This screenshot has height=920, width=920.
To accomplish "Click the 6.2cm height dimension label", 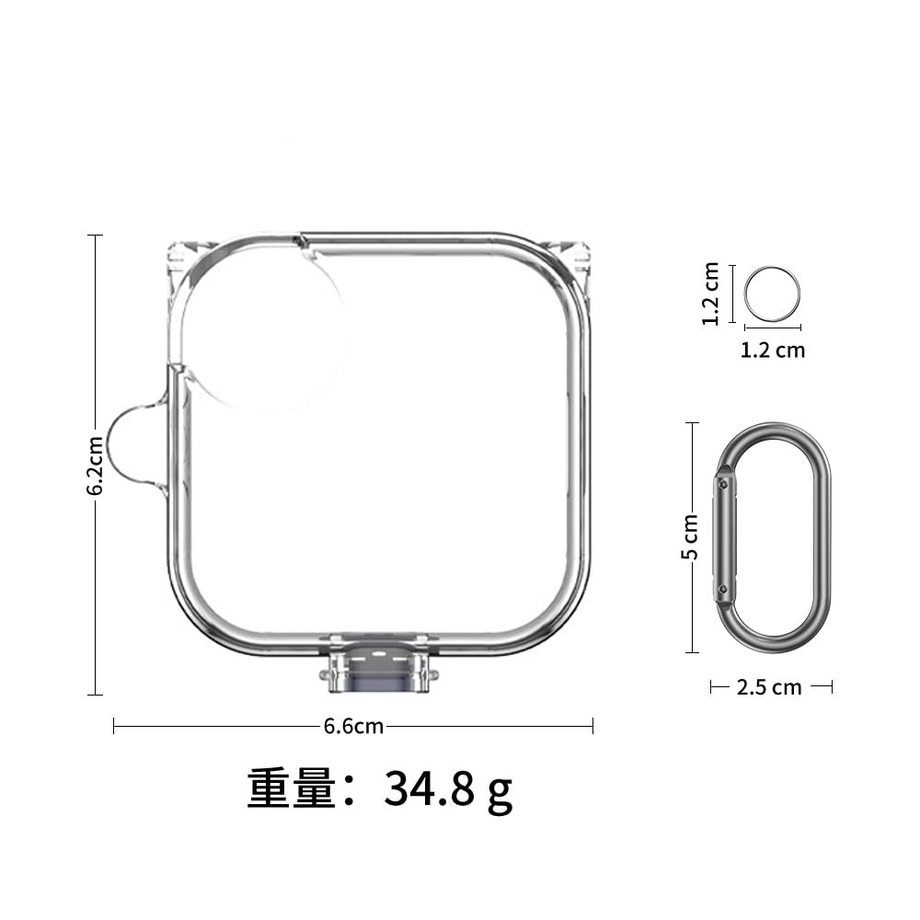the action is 96,466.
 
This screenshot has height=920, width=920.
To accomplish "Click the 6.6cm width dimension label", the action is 353,727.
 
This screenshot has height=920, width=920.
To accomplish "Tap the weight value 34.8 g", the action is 448,789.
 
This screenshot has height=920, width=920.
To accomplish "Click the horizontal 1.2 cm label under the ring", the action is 772,351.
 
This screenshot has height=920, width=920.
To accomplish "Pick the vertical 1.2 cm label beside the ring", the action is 710,293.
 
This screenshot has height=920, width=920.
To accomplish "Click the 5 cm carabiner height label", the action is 690,536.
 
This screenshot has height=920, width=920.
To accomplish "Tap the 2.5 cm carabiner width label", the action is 769,687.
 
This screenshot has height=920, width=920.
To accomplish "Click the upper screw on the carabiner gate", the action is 724,484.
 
